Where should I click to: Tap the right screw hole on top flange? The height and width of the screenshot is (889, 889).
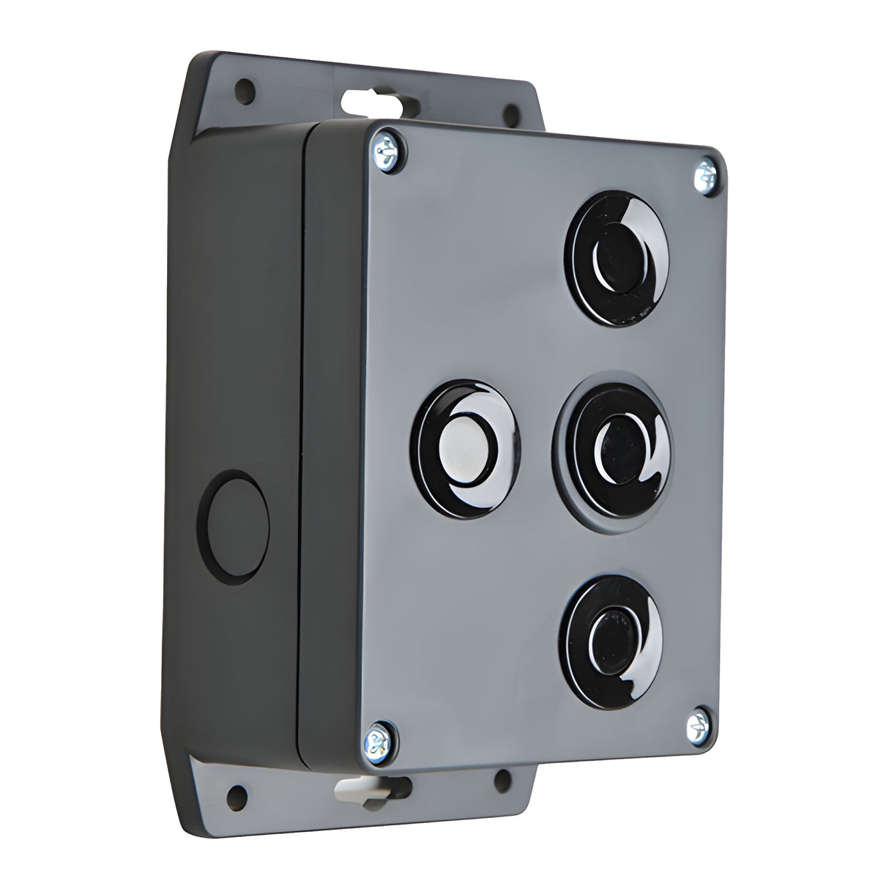click(x=510, y=111)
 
